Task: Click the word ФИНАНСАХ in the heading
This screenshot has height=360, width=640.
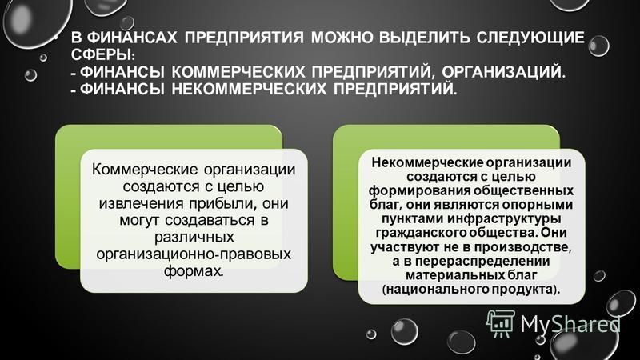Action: (x=132, y=38)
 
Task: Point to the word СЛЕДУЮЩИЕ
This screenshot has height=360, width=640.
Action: (x=529, y=38)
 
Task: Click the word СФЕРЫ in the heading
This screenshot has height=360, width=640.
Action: (x=102, y=54)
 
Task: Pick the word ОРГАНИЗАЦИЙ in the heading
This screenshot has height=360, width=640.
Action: (x=504, y=72)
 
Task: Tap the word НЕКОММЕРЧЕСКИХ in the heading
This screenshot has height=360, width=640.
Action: (x=249, y=89)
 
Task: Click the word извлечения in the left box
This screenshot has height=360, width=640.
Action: (x=141, y=203)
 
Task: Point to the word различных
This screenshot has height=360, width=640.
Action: (x=194, y=237)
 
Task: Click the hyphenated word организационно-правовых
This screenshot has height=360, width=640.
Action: (x=194, y=254)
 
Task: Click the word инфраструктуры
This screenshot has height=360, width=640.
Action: (x=504, y=218)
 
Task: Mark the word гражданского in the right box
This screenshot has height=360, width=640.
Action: (x=421, y=233)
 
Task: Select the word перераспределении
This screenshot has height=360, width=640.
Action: (x=483, y=262)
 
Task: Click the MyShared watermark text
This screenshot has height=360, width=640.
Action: (x=570, y=325)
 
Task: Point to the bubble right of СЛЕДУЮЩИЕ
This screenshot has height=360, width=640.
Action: (x=598, y=46)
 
